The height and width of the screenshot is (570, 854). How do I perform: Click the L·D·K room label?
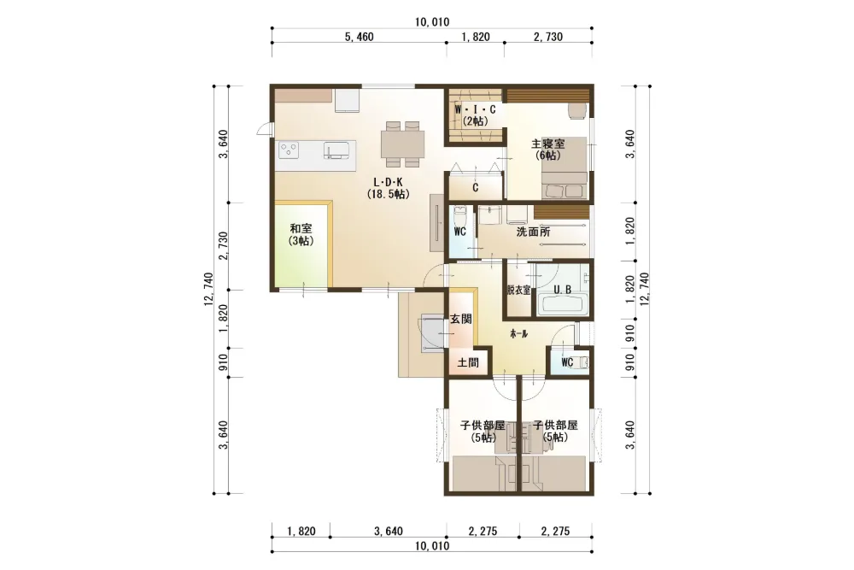click(388, 187)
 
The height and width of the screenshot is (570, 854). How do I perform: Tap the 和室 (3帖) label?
click(301, 234)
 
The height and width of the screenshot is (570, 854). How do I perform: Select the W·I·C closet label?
click(476, 115)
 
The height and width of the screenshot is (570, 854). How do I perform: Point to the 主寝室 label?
click(548, 150)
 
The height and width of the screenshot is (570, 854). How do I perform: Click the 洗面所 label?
click(533, 232)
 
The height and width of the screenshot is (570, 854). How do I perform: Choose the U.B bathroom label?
click(563, 290)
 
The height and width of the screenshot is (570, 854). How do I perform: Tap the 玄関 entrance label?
click(461, 319)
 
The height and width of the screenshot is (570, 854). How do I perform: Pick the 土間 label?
click(468, 361)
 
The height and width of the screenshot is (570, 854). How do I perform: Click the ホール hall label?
click(518, 333)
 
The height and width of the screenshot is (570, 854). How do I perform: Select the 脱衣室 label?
click(518, 291)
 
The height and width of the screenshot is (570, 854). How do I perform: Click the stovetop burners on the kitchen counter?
click(289, 150)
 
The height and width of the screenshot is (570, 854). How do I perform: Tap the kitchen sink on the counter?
click(336, 150)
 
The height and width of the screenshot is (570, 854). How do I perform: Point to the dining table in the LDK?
click(402, 144)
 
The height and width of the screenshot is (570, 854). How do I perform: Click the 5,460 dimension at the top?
click(359, 37)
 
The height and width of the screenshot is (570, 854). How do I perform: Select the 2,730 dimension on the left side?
click(223, 246)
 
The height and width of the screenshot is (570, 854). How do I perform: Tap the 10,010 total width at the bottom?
click(432, 545)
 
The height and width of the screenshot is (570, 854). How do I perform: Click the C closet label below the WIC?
click(476, 188)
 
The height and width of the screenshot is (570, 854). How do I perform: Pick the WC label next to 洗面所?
click(459, 232)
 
